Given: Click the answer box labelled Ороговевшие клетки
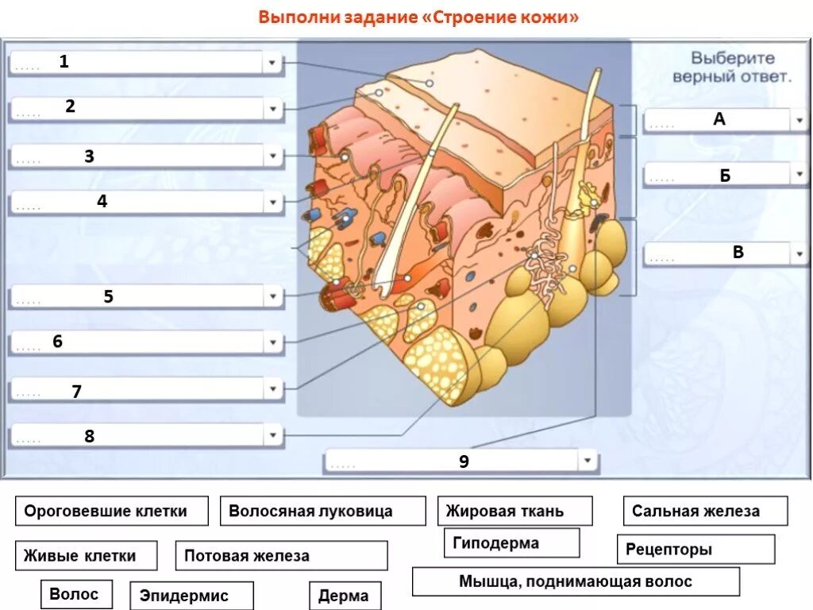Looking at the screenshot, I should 111,511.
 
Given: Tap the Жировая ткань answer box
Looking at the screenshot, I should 514,511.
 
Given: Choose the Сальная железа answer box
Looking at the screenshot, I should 705,511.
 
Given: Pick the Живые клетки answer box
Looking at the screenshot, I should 86,555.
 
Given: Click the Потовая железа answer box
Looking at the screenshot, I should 281,555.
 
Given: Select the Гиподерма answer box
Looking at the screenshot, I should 511,543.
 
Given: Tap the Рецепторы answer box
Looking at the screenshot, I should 695,549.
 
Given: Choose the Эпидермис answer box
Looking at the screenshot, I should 195,596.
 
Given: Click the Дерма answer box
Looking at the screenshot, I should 344,596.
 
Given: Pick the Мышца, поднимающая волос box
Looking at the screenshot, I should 576,581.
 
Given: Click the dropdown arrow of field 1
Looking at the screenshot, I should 272,63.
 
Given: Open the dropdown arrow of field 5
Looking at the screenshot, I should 272,297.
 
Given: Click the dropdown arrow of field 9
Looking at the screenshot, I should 587,460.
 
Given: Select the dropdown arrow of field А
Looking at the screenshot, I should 798,120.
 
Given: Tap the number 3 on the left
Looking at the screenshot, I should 89,156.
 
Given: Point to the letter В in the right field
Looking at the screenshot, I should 738,253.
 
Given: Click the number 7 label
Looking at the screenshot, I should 76,391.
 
